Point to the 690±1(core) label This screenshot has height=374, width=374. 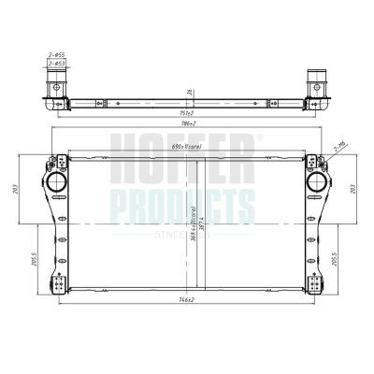[186, 149]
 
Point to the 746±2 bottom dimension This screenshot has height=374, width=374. [186, 300]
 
